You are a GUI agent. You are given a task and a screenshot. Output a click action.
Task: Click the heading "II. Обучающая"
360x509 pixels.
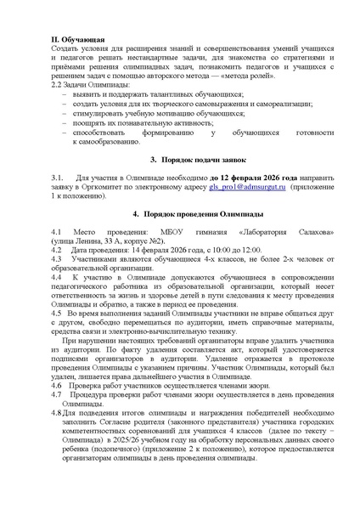pyautogui.click(x=78, y=40)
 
